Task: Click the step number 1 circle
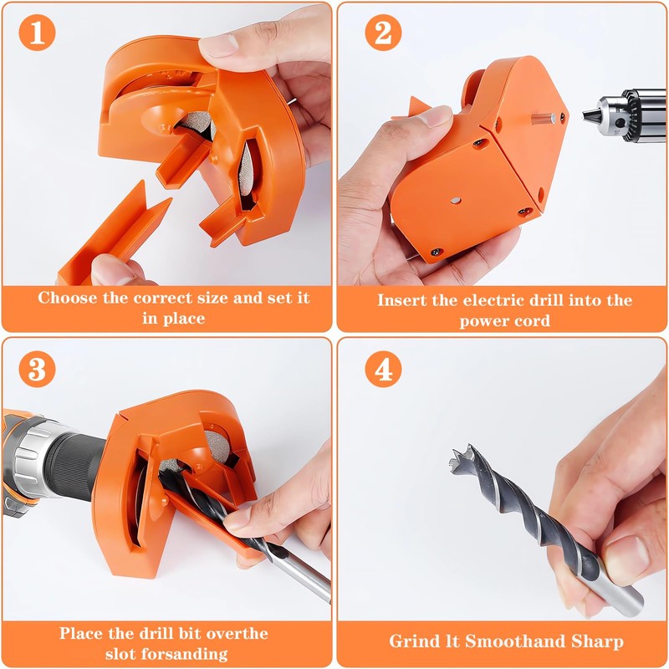[36, 33]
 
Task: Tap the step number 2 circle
[383, 33]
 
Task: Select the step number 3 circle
[36, 369]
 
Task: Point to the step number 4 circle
[383, 369]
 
